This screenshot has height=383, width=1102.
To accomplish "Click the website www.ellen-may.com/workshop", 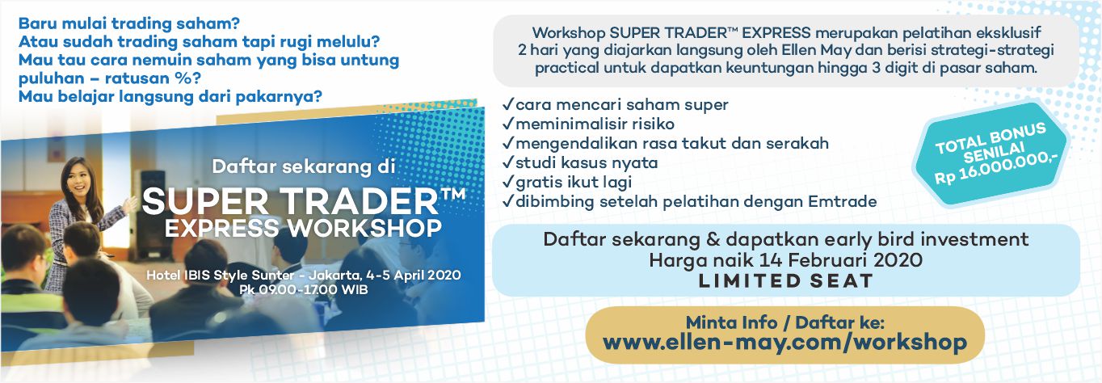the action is [784, 343].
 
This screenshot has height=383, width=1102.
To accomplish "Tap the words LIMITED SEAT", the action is [785, 281].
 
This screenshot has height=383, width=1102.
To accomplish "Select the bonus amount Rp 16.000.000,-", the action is [997, 168].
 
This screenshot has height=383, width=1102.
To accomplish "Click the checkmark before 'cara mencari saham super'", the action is [507, 104].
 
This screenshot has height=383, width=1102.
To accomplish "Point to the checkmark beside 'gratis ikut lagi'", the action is [507, 182].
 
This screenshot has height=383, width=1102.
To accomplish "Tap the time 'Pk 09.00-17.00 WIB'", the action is [304, 289].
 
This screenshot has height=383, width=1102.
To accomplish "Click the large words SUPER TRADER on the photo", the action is [290, 201].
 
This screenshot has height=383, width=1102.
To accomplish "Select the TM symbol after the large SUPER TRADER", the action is [453, 193].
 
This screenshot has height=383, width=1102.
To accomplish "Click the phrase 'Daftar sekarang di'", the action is [304, 166].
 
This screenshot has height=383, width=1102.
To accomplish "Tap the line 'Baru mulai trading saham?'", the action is [129, 23].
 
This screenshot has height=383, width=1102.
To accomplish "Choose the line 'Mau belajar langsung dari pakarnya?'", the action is [170, 96].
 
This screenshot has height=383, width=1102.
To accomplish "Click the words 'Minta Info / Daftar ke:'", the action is [785, 322].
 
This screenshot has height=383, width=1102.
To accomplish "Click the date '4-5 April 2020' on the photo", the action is [414, 275].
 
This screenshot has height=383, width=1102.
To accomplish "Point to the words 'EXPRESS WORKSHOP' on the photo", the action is [303, 228].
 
